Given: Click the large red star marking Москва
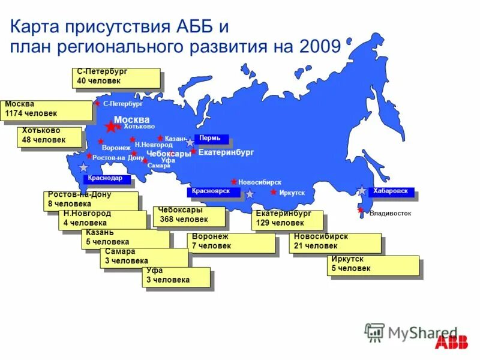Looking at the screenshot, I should click(110, 127).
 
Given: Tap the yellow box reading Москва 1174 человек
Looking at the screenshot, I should click(46, 109).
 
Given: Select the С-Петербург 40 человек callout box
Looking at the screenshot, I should click(116, 77).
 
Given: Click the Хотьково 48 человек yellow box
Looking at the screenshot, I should click(50, 136).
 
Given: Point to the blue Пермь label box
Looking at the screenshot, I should click(212, 139).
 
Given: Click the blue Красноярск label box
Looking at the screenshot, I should click(213, 192).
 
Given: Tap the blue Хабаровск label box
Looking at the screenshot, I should click(391, 192).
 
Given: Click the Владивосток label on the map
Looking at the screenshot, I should click(390, 213).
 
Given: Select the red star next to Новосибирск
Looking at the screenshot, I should click(234, 181).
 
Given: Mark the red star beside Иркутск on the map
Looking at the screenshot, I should click(274, 192).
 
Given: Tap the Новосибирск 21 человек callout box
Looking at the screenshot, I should click(336, 242).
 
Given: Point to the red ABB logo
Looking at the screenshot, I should click(454, 343).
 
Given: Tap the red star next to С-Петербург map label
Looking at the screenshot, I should click(97, 103).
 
